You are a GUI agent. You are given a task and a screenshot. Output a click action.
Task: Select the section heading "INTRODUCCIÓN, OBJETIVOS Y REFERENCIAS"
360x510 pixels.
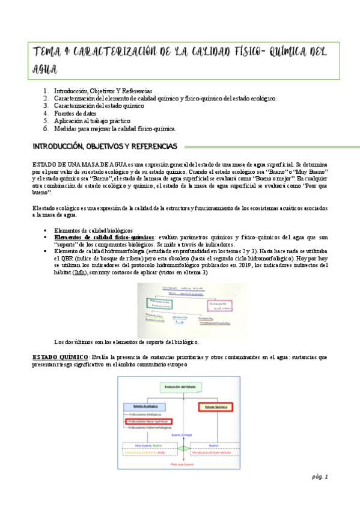click(x=105, y=146)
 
